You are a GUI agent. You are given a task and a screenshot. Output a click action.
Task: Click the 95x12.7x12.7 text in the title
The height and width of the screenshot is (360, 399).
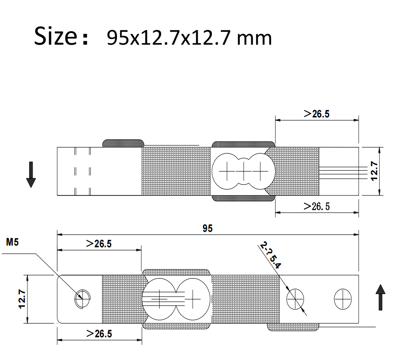pos(167,38)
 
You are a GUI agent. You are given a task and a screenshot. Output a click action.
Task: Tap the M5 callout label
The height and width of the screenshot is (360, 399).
pos(12,242)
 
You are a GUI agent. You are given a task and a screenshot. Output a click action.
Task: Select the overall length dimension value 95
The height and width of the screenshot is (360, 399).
pos(207,228)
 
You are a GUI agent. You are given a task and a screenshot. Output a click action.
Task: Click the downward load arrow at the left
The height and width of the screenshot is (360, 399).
pos(31,175)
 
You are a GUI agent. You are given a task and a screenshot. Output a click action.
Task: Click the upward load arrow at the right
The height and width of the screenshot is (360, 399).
pos(381,297)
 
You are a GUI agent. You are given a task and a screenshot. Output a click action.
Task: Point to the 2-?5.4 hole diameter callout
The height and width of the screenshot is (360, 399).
pos(271,255)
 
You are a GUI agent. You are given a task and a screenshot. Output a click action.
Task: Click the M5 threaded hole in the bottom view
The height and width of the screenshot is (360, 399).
pos(83,299)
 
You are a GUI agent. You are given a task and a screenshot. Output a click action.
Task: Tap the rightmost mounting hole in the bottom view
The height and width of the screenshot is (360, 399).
pos(342,299)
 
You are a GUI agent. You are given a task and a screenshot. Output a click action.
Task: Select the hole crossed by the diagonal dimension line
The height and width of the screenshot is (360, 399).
pos(295,299)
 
